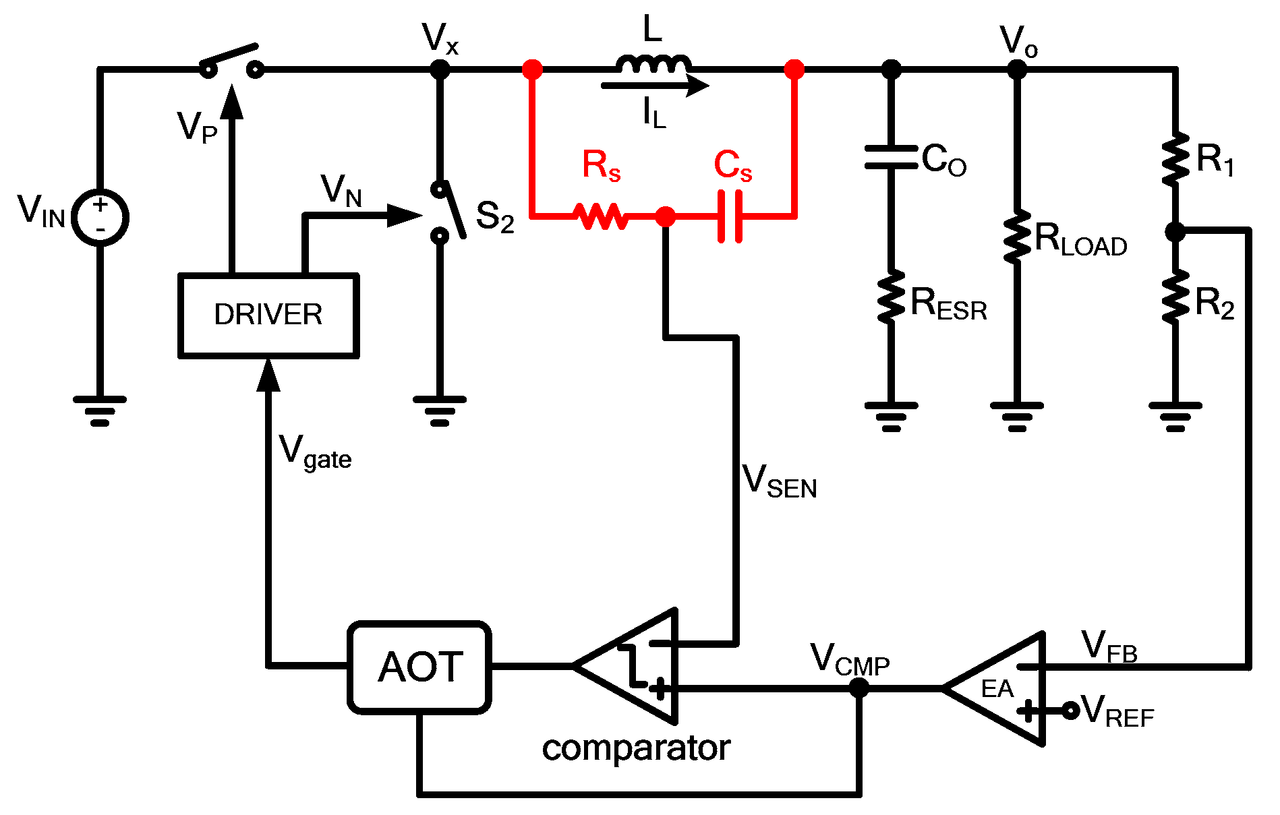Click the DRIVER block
tap(268, 315)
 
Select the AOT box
tap(419, 667)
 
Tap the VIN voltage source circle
tap(100, 217)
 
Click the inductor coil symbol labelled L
tap(653, 65)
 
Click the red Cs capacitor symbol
tap(730, 216)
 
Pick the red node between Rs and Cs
tap(665, 216)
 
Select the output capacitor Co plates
tap(891, 157)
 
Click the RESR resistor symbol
tap(891, 297)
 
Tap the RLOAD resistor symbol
tap(1016, 236)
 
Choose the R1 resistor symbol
tap(1175, 158)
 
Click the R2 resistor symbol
tap(1175, 297)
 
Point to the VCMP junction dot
tap(859, 688)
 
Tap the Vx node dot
tap(440, 69)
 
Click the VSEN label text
tap(779, 481)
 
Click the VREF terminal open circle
tap(1070, 711)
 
